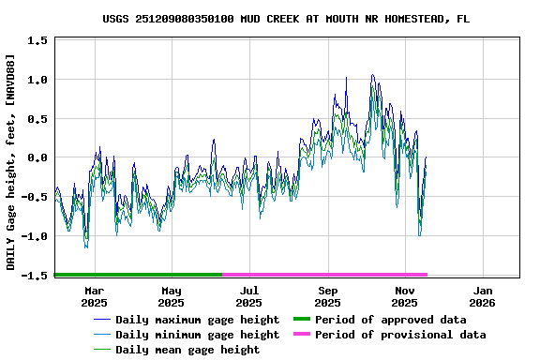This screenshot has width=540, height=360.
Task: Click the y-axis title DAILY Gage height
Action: pos(10,162)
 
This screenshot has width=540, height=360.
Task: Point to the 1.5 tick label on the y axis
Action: pos(37,41)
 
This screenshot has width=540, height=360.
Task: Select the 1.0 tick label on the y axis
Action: pos(37,80)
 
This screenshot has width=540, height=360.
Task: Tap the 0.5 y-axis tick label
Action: pos(37,119)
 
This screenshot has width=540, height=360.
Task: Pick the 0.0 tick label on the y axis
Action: pos(37,158)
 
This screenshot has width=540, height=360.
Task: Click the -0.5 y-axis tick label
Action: pos(35,197)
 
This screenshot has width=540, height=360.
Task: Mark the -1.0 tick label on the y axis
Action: pos(35,236)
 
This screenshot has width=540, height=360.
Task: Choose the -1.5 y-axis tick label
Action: pos(35,276)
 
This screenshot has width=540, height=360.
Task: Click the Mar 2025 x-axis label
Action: pos(94,296)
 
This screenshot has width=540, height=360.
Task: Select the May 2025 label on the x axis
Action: pos(172,296)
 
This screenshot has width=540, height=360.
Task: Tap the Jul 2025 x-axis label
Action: pos(249,296)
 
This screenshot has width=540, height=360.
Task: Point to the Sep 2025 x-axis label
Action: pos(327,296)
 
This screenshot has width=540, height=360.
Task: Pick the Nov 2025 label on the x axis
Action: pos(405,296)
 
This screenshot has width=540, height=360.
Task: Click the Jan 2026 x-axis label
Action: pos(482,296)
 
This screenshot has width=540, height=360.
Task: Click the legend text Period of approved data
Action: pos(390,320)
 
